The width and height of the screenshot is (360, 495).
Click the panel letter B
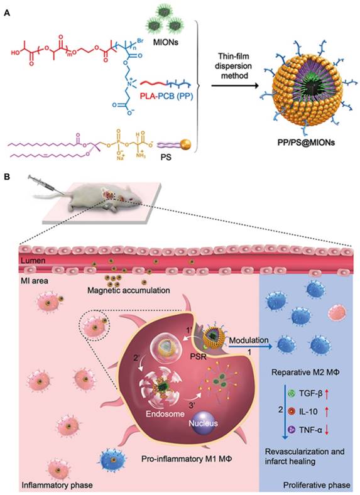(6, 178)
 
